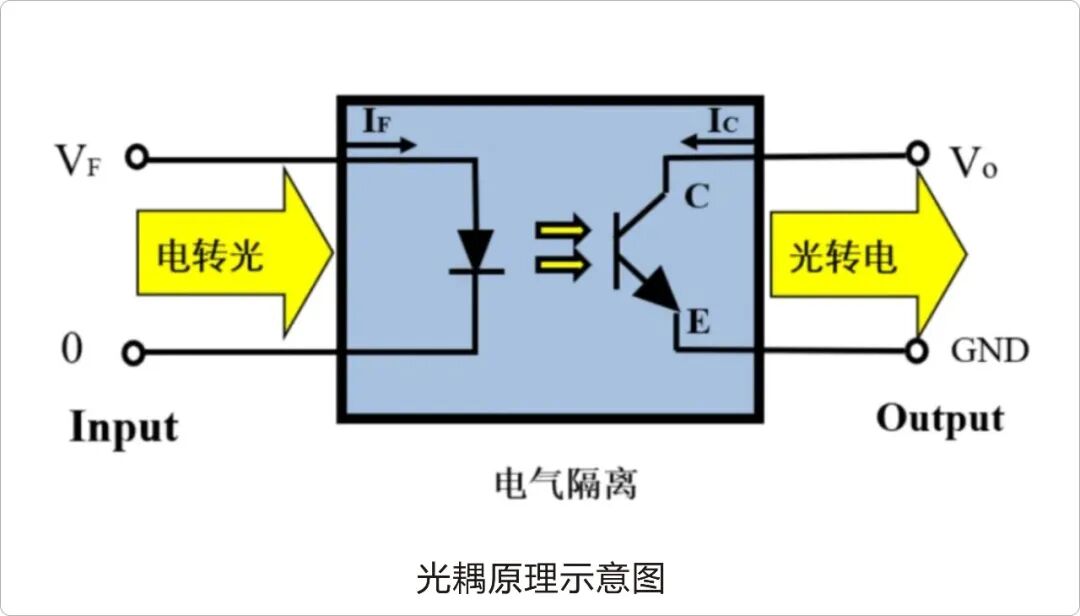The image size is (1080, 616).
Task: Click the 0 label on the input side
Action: pyautogui.click(x=71, y=350)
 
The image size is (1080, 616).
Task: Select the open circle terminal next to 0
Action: pyautogui.click(x=134, y=352)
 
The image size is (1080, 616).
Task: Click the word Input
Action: pyautogui.click(x=123, y=427)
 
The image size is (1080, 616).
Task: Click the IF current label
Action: pyautogui.click(x=377, y=122)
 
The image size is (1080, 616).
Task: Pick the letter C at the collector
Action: pyautogui.click(x=696, y=198)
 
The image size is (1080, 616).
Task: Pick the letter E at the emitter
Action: pyautogui.click(x=697, y=322)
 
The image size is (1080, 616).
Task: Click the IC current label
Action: pyautogui.click(x=724, y=122)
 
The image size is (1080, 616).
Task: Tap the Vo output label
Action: pyautogui.click(x=973, y=163)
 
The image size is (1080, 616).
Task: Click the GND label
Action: pyautogui.click(x=988, y=351)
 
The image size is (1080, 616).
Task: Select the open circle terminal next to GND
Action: pyautogui.click(x=918, y=351)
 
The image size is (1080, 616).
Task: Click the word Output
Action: pyautogui.click(x=939, y=418)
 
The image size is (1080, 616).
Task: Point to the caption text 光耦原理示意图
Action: pyautogui.click(x=540, y=577)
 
